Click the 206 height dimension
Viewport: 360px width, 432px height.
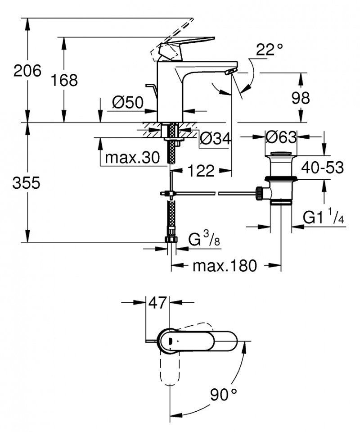27,71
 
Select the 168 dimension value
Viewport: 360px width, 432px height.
63,80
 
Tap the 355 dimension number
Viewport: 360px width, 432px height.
27,183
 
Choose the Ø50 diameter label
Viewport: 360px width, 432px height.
127,103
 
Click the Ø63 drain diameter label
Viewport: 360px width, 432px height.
280,136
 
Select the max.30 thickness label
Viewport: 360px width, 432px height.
132,158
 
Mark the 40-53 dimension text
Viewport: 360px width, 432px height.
322,168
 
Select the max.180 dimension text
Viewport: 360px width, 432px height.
225,266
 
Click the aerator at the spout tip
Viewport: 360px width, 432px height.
229,72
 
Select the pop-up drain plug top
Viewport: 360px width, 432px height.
280,154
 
